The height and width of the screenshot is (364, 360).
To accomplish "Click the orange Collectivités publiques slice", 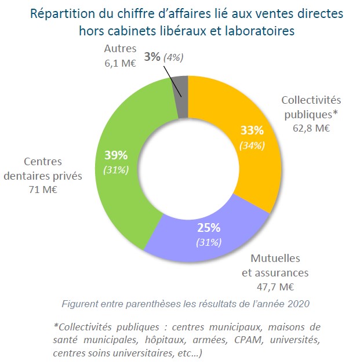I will point(255,122).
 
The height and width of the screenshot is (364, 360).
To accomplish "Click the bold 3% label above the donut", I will point(152,56).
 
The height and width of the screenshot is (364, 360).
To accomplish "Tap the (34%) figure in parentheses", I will point(253,145).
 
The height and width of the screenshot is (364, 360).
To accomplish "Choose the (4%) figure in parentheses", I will point(173,57).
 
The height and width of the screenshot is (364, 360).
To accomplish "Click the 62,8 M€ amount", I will point(311,127).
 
